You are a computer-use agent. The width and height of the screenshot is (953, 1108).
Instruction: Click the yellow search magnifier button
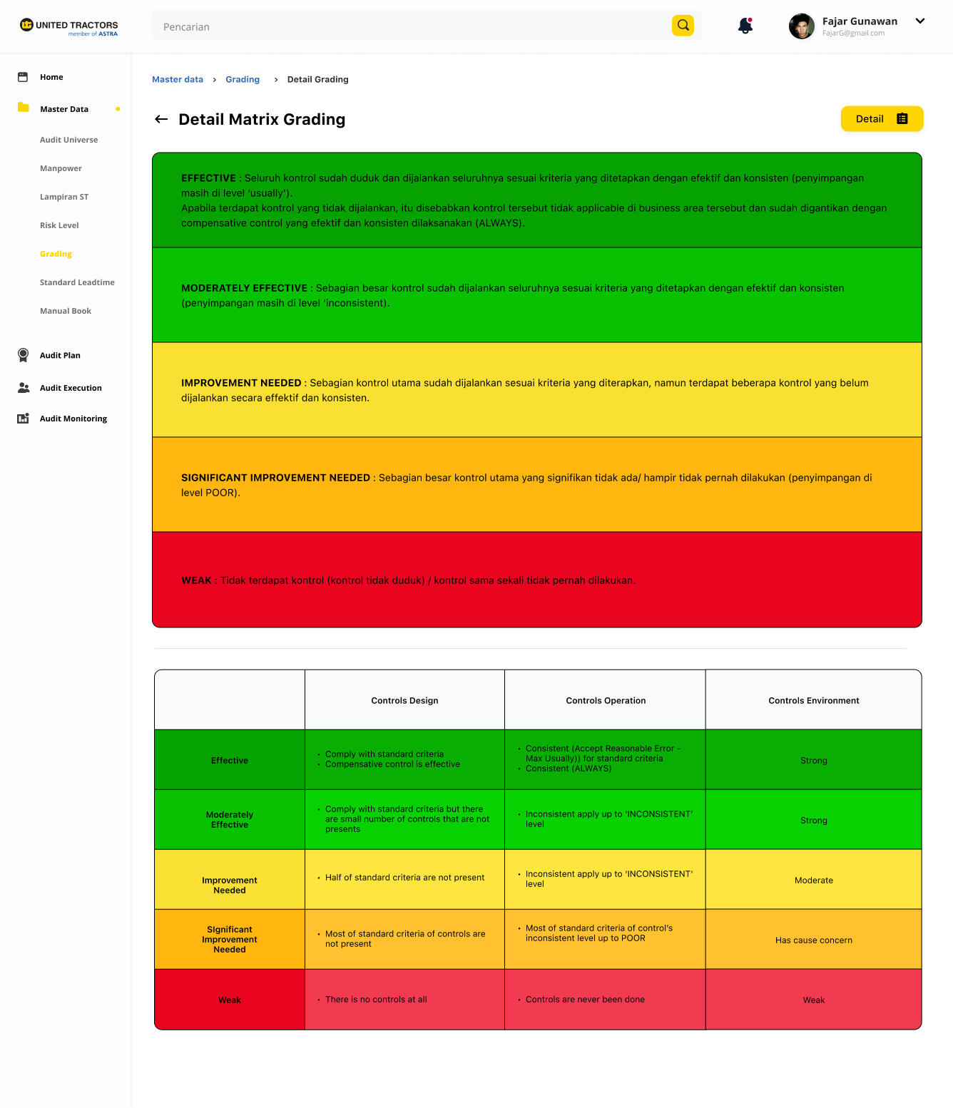683,26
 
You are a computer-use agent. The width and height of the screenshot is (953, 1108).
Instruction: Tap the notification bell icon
745,26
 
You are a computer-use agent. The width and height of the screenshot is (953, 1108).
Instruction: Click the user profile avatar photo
802,26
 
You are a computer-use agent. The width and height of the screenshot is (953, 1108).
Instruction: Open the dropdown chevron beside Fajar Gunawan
920,21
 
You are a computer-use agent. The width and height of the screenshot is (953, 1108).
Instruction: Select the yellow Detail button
882,119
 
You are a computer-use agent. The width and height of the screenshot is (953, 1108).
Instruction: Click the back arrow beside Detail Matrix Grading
161,120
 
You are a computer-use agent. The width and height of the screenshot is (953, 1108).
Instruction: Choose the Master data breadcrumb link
178,80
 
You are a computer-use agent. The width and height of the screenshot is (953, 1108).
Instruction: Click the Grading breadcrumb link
243,80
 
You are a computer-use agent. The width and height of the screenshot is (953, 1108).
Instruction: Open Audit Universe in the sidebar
69,140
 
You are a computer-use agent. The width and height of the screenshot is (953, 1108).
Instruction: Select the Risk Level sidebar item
59,226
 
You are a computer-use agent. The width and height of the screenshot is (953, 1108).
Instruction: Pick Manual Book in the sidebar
66,312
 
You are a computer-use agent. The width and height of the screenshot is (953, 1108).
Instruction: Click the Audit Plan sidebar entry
60,356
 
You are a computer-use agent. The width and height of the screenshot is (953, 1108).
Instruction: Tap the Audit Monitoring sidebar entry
73,419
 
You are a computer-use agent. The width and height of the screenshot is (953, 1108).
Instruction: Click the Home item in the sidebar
51,78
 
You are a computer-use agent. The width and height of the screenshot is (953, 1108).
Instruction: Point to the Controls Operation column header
606,701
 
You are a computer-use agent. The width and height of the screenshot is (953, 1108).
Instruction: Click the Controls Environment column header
813,701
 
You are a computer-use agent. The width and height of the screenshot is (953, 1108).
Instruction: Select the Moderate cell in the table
813,881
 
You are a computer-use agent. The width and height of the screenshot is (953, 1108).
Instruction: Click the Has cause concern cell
813,940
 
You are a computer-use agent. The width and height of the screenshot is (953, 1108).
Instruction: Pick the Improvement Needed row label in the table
230,886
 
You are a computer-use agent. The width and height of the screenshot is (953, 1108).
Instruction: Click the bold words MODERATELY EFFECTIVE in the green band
244,289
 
